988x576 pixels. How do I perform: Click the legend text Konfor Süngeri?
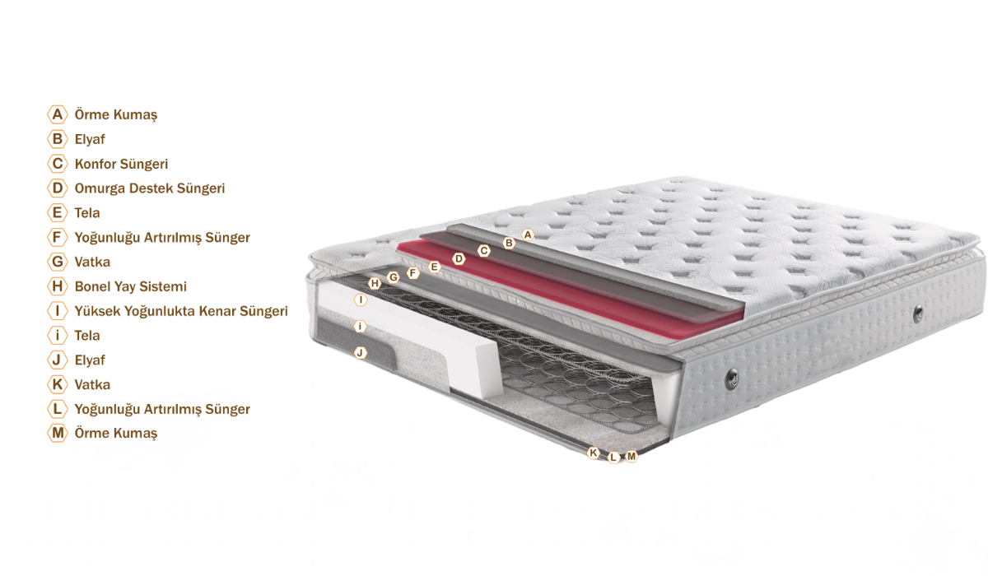(121, 164)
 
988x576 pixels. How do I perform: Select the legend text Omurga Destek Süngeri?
(150, 188)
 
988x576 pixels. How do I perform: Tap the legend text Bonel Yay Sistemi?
(131, 287)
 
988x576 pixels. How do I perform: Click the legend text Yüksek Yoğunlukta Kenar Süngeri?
(181, 311)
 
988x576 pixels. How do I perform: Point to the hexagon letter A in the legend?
(58, 114)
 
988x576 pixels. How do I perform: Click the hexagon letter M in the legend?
(58, 433)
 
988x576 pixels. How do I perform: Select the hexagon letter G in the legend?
(58, 262)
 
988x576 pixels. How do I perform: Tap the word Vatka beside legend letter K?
(92, 385)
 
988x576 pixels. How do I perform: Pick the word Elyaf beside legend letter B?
(90, 139)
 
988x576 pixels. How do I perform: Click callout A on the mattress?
(528, 235)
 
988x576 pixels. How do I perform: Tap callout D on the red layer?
(459, 258)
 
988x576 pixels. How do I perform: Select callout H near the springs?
(375, 283)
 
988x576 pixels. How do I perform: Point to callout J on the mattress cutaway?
(361, 352)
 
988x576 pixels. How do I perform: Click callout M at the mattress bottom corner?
(631, 457)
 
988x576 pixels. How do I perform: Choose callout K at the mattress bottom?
(594, 453)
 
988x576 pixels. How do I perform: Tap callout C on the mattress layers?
(484, 251)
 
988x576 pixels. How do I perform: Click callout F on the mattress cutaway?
(412, 273)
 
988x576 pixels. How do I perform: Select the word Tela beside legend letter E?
(87, 213)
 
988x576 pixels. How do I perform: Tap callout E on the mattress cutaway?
(435, 267)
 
